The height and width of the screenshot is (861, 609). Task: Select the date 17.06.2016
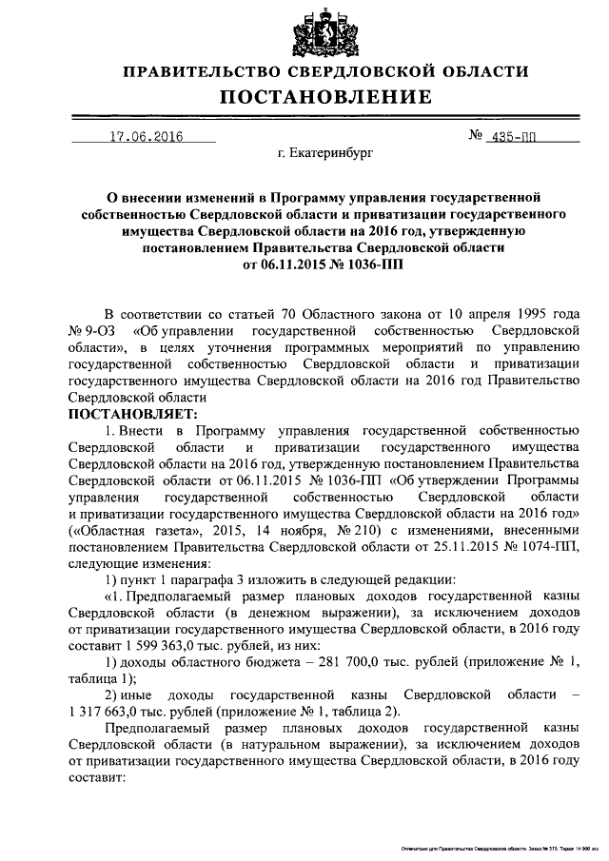(145, 136)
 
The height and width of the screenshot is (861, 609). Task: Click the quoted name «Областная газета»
(129, 529)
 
